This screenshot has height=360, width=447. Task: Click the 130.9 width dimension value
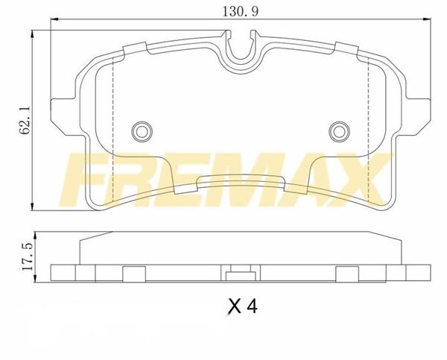tap(240, 12)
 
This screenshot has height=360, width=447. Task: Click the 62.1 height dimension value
tap(25, 120)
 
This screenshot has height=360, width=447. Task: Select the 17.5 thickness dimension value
tap(28, 256)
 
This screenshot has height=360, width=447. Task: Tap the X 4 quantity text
tap(243, 307)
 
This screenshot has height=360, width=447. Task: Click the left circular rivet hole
tap(142, 131)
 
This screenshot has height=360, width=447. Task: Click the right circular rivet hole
tap(339, 131)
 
